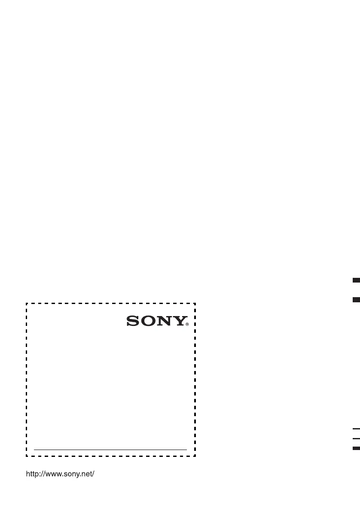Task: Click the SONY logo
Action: (x=157, y=321)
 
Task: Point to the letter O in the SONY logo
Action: (x=147, y=321)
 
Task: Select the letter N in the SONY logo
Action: (x=164, y=321)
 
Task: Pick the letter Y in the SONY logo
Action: (x=179, y=321)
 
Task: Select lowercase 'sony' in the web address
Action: (x=67, y=474)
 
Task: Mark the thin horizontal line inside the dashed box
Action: (x=110, y=450)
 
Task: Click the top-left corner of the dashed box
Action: (x=27, y=304)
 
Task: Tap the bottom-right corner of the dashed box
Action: (x=195, y=456)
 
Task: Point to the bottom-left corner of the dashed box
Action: (x=27, y=456)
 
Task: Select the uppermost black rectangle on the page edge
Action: (x=356, y=280)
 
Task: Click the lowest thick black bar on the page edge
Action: (x=356, y=448)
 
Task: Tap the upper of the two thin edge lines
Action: (x=356, y=429)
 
